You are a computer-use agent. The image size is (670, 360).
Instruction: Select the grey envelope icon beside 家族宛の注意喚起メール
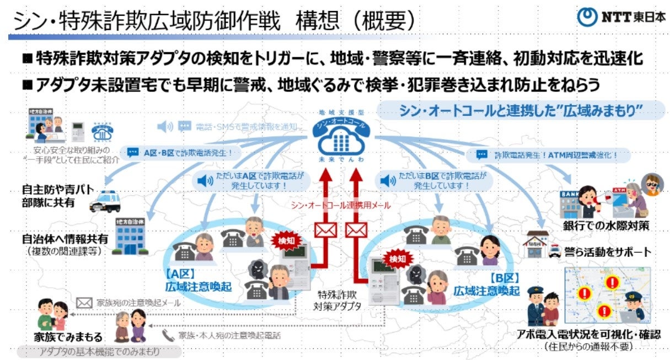point(84,303)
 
